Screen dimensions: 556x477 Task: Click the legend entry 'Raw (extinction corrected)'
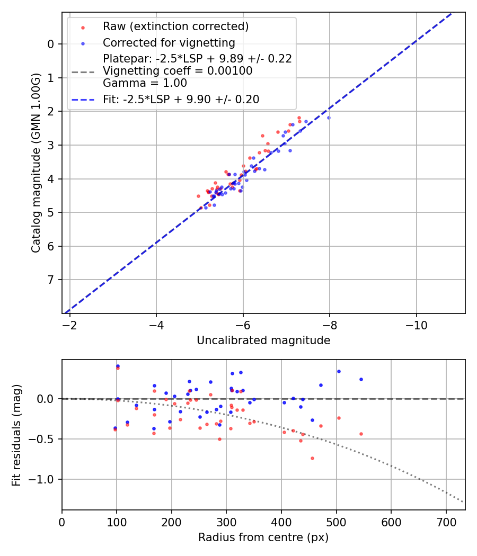175,26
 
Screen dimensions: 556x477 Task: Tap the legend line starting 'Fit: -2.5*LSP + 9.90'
181,99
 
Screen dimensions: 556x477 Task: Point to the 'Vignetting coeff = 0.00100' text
177,71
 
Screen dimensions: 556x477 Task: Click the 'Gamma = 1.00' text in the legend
145,83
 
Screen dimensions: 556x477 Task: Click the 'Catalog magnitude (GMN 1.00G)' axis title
36,163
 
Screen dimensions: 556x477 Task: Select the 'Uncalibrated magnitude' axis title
263,340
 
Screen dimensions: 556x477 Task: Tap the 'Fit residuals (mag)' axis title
16,434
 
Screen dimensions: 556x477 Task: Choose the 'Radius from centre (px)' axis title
263,537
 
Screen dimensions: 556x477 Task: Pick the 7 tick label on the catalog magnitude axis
51,280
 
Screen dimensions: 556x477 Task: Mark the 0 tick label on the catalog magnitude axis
51,44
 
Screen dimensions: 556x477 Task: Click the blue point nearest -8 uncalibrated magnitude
329,118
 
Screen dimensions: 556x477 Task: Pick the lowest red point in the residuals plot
312,458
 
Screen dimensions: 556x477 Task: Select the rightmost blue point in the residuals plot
361,379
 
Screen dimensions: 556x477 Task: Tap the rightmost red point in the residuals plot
361,434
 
